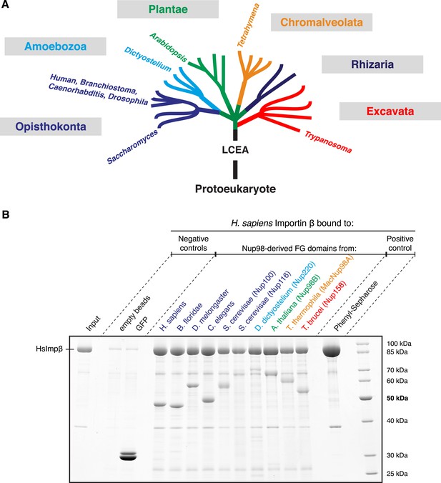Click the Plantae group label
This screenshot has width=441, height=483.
pyautogui.click(x=168, y=9)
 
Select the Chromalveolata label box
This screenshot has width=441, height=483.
pyautogui.click(x=322, y=22)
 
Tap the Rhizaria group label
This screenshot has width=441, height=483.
pyautogui.click(x=372, y=64)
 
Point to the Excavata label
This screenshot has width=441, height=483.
pyautogui.click(x=390, y=111)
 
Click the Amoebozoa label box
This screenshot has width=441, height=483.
pyautogui.click(x=56, y=46)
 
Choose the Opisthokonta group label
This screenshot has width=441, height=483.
pyautogui.click(x=51, y=126)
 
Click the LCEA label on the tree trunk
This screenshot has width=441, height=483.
pyautogui.click(x=235, y=150)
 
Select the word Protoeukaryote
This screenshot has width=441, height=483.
pyautogui.click(x=235, y=189)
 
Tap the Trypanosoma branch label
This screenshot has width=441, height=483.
pyautogui.click(x=328, y=141)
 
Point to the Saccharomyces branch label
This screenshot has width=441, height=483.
pyautogui.click(x=132, y=146)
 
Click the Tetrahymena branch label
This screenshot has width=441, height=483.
pyautogui.click(x=249, y=26)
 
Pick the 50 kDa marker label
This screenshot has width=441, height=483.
pyautogui.click(x=397, y=398)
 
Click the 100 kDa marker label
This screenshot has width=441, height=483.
pyautogui.click(x=399, y=344)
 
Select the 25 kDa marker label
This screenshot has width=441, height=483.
pyautogui.click(x=397, y=474)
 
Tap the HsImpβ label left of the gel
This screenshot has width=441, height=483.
pyautogui.click(x=49, y=349)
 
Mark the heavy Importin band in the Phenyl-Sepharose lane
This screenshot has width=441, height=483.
pyautogui.click(x=332, y=350)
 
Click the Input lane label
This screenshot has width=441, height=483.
pyautogui.click(x=93, y=324)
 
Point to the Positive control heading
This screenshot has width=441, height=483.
pyautogui.click(x=400, y=244)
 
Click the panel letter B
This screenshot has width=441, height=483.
pyautogui.click(x=6, y=214)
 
